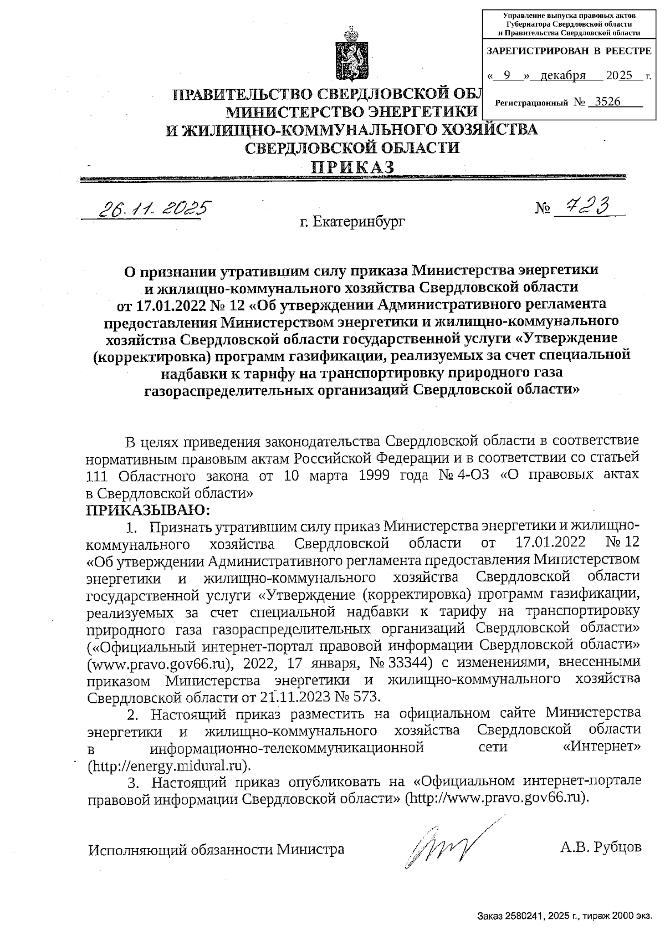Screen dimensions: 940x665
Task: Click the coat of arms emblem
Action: tap(348, 53)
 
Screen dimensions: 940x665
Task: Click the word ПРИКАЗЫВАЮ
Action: tap(149, 509)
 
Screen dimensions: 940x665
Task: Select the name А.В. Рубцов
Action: tap(601, 847)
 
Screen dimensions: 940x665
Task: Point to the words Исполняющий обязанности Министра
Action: tap(217, 849)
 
